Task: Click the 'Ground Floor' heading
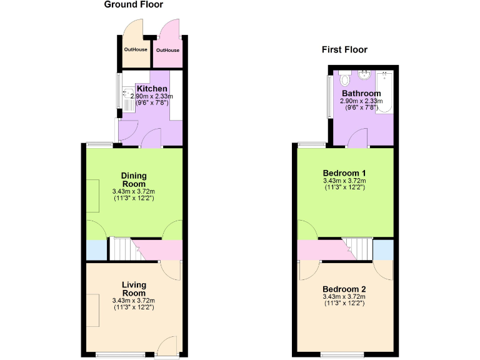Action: point(133,5)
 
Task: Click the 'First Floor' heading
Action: point(344,50)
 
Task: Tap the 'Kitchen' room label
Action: point(152,89)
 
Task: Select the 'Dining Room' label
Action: point(134,180)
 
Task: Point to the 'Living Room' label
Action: point(134,289)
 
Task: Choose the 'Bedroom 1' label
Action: point(344,173)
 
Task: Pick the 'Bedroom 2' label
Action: point(344,289)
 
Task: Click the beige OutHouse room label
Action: point(136,49)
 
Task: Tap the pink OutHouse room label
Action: point(167,50)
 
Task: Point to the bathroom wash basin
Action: point(365,76)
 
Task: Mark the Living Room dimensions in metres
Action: point(134,301)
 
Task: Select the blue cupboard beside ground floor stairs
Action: point(96,250)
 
